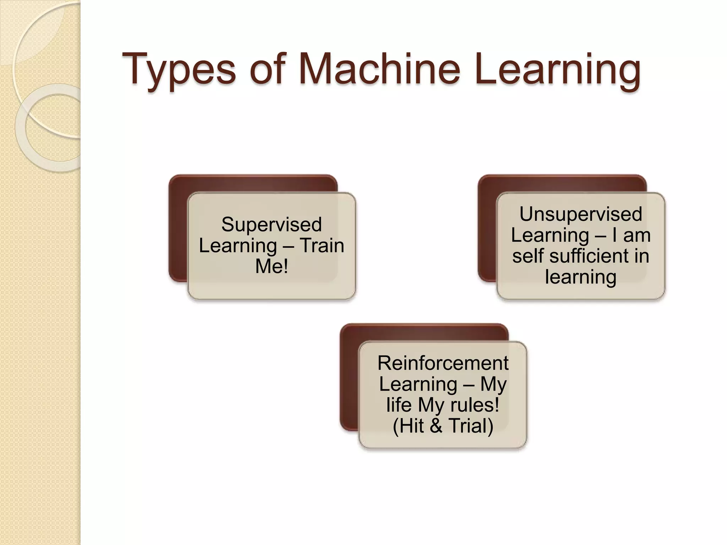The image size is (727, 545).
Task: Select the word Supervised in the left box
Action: click(x=272, y=225)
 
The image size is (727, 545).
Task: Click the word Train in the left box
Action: click(x=322, y=246)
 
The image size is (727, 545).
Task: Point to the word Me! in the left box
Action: click(x=272, y=266)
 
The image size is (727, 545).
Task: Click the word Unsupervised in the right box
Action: click(x=581, y=214)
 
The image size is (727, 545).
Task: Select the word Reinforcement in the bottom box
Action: click(x=443, y=363)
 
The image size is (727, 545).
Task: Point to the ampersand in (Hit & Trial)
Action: click(x=436, y=426)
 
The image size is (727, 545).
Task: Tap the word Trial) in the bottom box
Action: click(x=471, y=426)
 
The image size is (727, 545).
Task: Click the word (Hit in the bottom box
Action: click(x=408, y=426)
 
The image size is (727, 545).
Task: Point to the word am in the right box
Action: click(x=637, y=235)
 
